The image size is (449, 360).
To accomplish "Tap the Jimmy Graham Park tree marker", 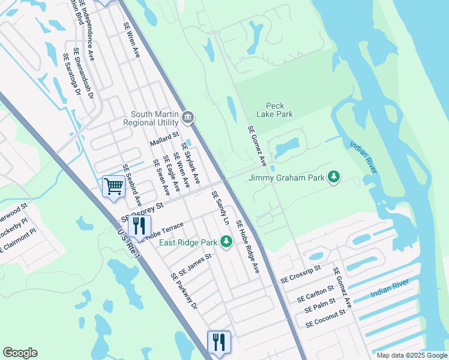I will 334,177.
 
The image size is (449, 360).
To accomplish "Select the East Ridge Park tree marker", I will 226,242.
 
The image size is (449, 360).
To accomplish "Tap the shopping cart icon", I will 113,186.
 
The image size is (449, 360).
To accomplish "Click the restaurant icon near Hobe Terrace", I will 139,226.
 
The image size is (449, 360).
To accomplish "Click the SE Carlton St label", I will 315,295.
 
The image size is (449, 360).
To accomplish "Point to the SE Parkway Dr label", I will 184,291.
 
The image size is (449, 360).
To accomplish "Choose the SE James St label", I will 195,264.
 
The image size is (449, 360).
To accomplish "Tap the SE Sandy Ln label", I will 220,208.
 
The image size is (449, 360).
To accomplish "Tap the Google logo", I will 20,353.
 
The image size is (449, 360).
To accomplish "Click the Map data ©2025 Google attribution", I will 411,355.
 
